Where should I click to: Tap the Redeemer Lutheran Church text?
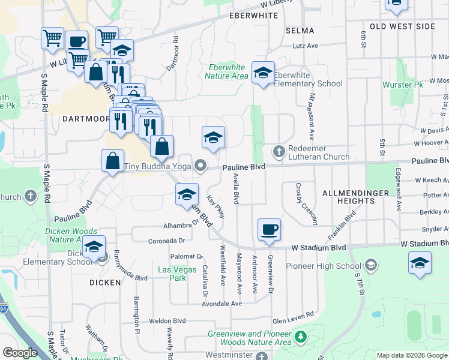[x=318, y=153]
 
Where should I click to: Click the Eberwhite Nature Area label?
[x=226, y=71]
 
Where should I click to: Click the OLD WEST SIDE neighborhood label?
[x=402, y=26]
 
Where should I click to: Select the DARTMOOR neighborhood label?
[x=84, y=119]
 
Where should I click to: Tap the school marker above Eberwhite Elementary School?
[x=263, y=73]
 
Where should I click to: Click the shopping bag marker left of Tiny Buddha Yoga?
[x=113, y=161]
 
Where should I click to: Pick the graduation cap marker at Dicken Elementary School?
[x=94, y=247]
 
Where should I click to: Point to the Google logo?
[x=20, y=353]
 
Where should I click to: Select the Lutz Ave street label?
[x=305, y=46]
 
